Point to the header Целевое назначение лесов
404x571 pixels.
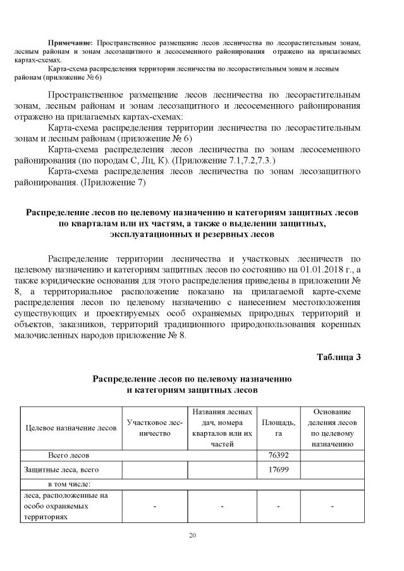(x=71, y=428)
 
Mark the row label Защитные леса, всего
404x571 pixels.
(x=62, y=471)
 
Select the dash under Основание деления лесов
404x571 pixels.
(x=332, y=507)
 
